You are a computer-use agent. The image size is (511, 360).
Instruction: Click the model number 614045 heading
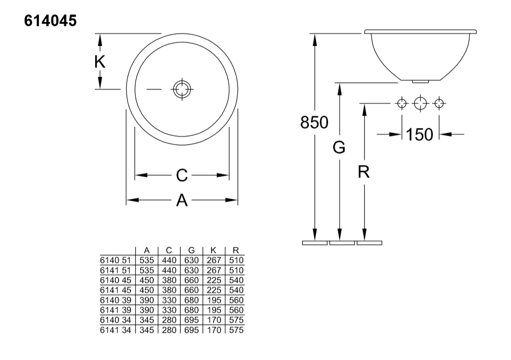click(50, 21)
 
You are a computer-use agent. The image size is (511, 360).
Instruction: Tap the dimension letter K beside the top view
click(100, 61)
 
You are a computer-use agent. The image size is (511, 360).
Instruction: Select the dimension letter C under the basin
click(182, 176)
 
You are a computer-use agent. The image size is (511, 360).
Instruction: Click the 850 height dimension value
click(314, 123)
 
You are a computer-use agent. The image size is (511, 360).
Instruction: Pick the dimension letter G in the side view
click(339, 148)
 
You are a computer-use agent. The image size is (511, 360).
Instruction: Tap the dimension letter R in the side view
click(364, 172)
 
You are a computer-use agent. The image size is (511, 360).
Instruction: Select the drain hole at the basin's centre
click(182, 89)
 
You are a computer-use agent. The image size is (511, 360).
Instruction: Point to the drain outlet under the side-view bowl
click(420, 81)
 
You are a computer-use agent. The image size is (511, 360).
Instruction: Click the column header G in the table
click(191, 250)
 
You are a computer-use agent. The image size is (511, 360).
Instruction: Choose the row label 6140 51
click(116, 260)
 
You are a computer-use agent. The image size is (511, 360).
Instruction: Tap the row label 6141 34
click(116, 330)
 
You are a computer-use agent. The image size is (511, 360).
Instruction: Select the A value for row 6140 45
click(146, 281)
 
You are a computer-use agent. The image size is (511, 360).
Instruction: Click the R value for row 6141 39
click(236, 310)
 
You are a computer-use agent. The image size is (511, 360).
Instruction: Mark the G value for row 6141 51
click(191, 270)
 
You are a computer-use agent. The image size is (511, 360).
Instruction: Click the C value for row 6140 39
click(169, 300)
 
